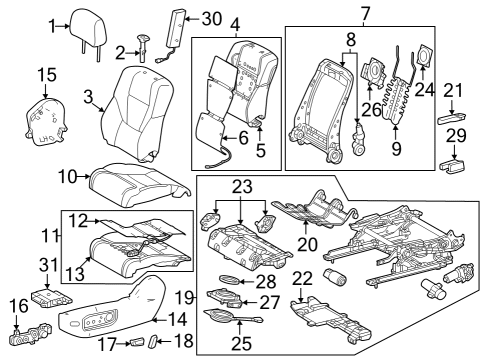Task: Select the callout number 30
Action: pos(211,18)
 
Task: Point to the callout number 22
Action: pos(301,279)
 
